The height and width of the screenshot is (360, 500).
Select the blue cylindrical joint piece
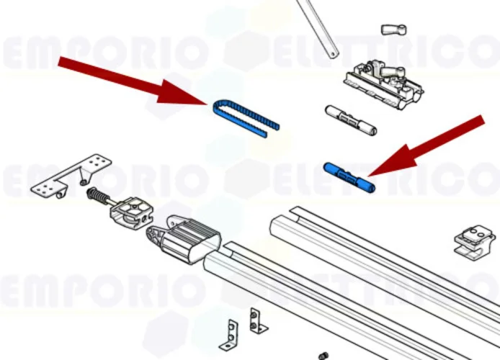pos(349,178)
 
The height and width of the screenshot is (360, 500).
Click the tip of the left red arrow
pos(207,103)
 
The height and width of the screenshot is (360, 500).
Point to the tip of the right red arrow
pos(369,175)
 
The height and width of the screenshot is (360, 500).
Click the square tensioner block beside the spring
pos(131,212)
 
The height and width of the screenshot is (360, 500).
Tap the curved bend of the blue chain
pos(218,108)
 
